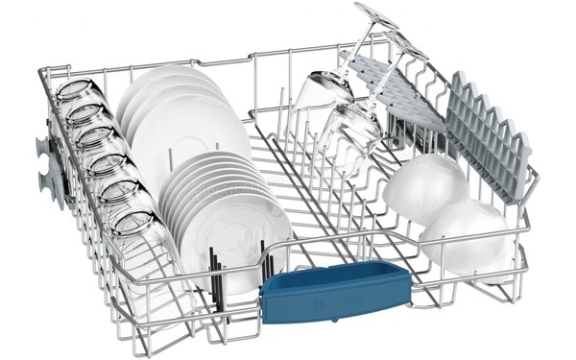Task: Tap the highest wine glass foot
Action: tap(375, 13)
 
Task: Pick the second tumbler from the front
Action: tap(120, 196)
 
